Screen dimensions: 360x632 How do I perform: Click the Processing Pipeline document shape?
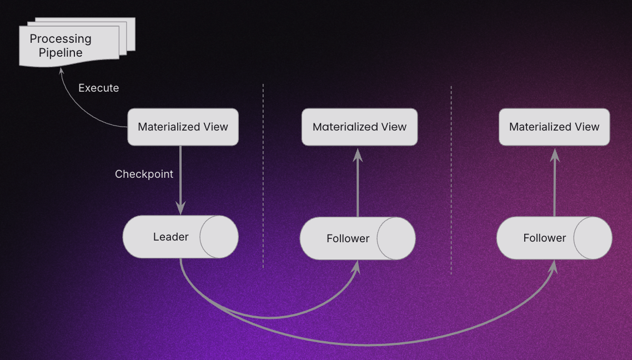[x=69, y=46]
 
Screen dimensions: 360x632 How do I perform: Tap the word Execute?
[x=98, y=88]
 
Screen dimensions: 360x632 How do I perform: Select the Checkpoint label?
[x=144, y=174]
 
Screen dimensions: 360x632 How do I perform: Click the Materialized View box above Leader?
[x=183, y=127]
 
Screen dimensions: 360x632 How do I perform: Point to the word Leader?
[x=170, y=237]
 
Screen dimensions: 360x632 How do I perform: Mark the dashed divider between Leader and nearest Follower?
[x=263, y=178]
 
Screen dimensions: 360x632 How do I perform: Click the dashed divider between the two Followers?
[x=451, y=178]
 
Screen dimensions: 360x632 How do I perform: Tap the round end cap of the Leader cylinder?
[x=219, y=237]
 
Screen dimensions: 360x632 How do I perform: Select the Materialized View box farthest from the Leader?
[x=554, y=127]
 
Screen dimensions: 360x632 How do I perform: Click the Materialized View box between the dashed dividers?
[x=359, y=127]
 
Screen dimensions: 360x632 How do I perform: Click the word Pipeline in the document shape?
[x=61, y=53]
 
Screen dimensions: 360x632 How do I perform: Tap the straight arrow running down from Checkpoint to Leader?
[x=181, y=178]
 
